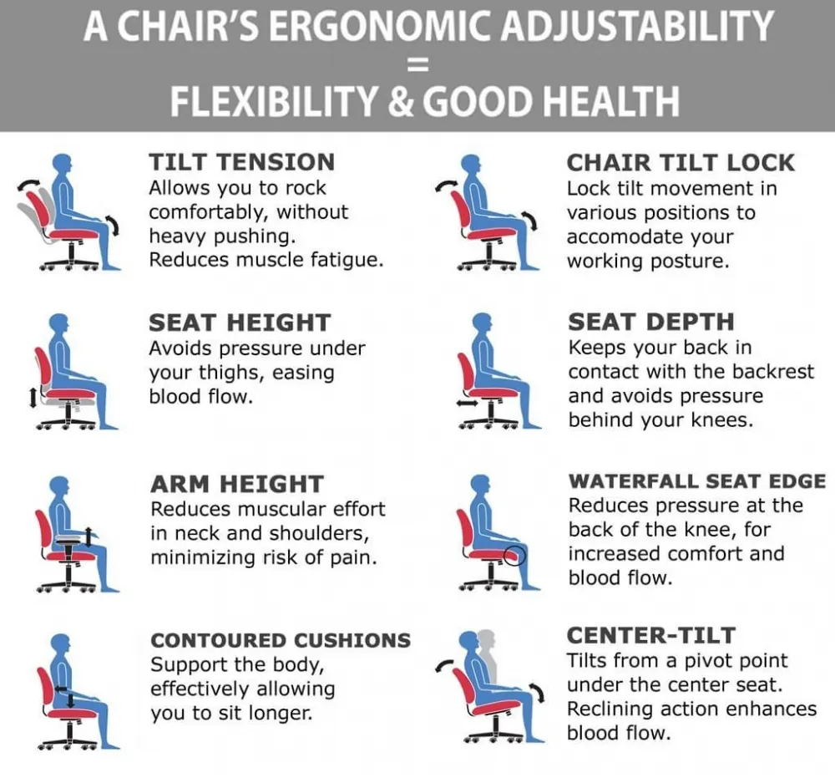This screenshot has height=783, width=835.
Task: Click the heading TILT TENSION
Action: click(x=242, y=162)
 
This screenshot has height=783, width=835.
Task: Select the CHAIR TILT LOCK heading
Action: click(x=681, y=163)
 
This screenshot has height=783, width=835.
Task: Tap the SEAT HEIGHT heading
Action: click(x=240, y=323)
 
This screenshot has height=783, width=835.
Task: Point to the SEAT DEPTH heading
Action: click(x=650, y=322)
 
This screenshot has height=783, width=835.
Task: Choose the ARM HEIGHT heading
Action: click(x=237, y=484)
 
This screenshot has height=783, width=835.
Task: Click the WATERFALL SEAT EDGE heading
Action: click(x=697, y=480)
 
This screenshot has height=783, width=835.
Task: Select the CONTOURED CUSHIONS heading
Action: click(x=281, y=639)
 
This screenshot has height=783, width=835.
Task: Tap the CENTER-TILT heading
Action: click(x=651, y=635)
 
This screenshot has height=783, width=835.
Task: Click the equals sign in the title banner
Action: click(x=417, y=65)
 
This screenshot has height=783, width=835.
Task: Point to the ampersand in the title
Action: click(x=401, y=101)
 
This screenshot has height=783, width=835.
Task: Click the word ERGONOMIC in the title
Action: click(x=379, y=26)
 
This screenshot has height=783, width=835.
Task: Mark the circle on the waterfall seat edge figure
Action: click(x=514, y=556)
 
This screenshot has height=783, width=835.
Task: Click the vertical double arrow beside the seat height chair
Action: click(x=33, y=397)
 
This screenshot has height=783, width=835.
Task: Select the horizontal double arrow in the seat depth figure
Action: click(x=467, y=404)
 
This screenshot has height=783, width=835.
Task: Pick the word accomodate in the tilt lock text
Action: click(x=650, y=236)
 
